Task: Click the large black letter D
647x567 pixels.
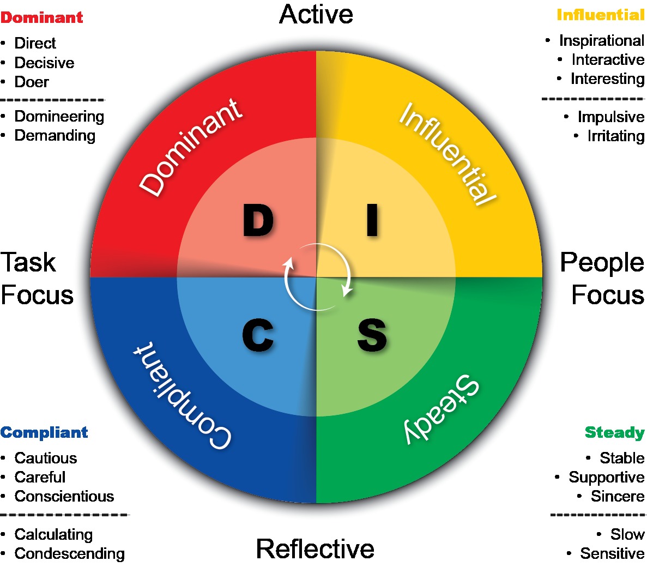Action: click(258, 220)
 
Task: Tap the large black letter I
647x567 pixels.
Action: click(372, 220)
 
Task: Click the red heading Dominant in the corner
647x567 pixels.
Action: click(42, 17)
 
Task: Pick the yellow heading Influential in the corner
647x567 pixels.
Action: click(600, 15)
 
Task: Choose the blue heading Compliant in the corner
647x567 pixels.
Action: click(44, 432)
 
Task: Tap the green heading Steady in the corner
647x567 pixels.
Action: click(614, 432)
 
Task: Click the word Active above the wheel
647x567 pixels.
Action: click(316, 14)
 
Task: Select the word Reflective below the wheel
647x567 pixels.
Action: click(315, 548)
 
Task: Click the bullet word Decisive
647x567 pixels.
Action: click(44, 63)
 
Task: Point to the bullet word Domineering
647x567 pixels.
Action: click(59, 116)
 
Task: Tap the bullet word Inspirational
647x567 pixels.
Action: click(601, 41)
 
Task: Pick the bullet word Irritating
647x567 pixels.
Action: click(615, 136)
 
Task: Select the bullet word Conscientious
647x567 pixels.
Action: click(64, 496)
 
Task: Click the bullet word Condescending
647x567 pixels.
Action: click(69, 553)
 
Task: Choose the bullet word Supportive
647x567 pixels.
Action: click(606, 477)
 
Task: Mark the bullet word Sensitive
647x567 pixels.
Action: click(612, 553)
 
